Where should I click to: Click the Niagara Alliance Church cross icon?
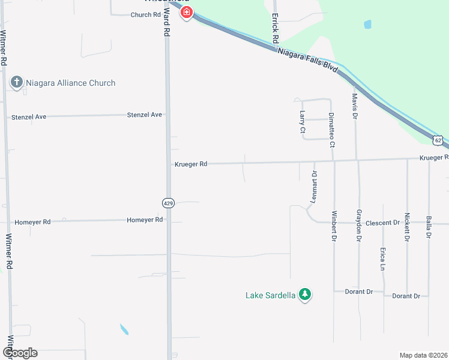click(x=17, y=83)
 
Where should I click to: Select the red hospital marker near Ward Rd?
click(x=186, y=12)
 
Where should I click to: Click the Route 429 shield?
click(x=169, y=203)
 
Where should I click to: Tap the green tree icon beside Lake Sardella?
click(x=306, y=295)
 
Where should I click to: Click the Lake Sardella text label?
click(x=271, y=295)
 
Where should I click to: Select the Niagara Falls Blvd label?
click(x=309, y=61)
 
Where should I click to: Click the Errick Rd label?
click(x=275, y=28)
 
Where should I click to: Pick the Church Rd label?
click(x=146, y=14)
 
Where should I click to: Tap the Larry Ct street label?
click(x=303, y=121)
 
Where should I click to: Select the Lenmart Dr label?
click(x=314, y=185)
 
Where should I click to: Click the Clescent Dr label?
click(x=382, y=223)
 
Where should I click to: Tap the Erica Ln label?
click(x=382, y=259)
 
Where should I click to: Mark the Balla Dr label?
click(x=429, y=227)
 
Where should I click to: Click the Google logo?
click(x=20, y=353)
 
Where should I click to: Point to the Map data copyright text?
click(x=423, y=355)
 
